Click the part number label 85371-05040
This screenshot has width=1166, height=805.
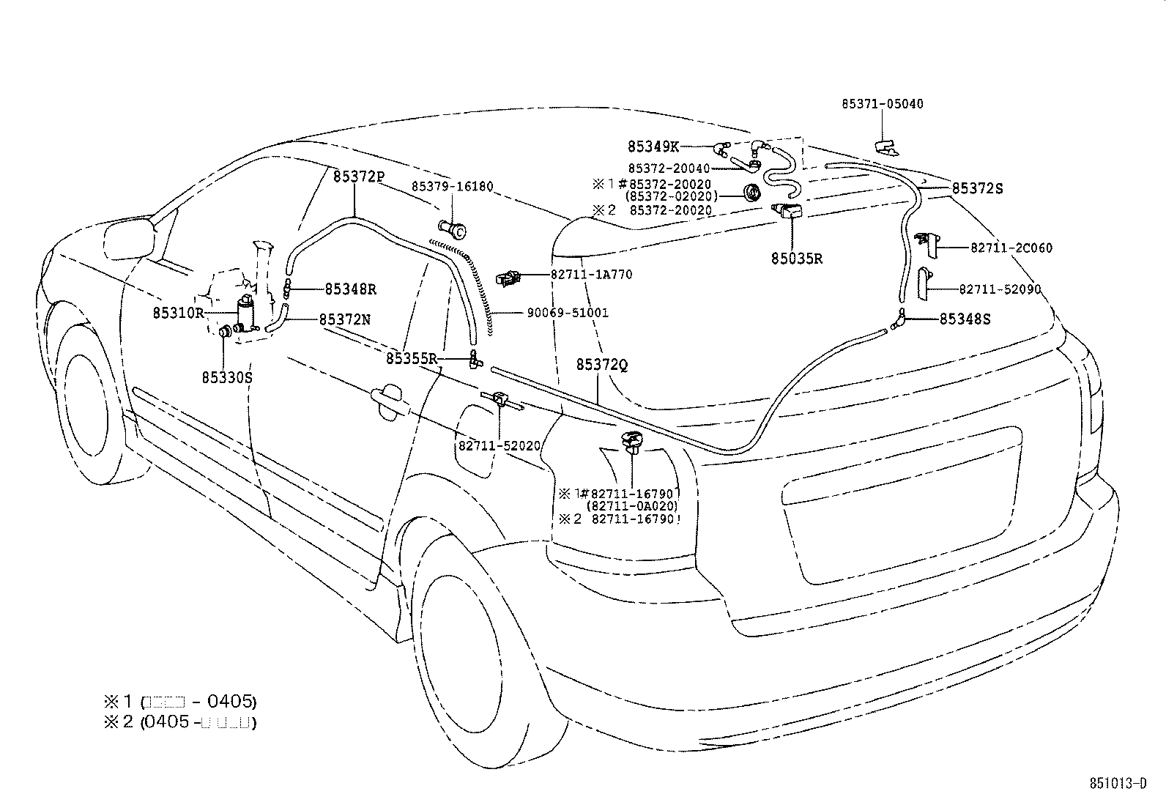882,104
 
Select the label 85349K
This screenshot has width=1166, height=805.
653,146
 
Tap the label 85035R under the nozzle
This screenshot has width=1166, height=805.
796,258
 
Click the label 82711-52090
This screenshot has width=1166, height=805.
1000,289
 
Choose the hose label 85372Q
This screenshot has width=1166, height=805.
602,365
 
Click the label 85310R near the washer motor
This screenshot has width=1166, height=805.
178,313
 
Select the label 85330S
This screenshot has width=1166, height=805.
227,377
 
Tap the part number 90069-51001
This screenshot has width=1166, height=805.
568,313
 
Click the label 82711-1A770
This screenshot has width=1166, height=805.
591,275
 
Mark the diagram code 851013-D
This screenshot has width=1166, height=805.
1118,784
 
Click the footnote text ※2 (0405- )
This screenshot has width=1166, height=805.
179,722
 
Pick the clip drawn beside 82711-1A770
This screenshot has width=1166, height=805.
508,278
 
